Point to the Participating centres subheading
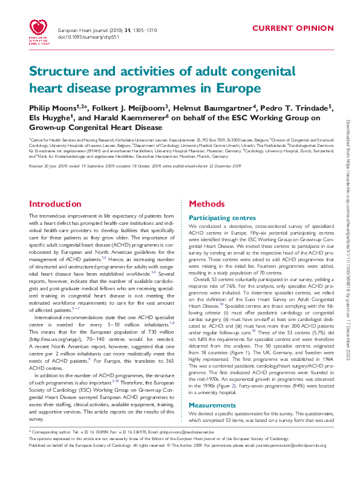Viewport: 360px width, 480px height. [x=222, y=216]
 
